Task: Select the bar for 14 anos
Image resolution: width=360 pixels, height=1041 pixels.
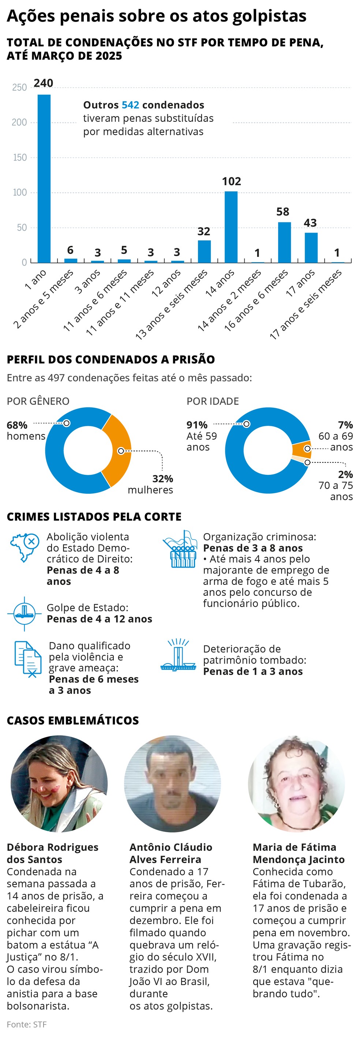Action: [231, 227]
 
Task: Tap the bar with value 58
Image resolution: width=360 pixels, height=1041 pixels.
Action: [284, 242]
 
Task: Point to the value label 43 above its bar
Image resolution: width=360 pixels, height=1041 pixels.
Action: [310, 223]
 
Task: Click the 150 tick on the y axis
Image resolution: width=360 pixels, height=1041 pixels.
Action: [19, 157]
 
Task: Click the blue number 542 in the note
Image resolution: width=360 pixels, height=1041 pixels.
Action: [130, 105]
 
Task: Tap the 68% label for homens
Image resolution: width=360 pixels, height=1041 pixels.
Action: [17, 425]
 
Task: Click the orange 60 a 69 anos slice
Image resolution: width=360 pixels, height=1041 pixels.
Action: [302, 450]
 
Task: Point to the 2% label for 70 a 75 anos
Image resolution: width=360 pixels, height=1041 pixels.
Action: [345, 474]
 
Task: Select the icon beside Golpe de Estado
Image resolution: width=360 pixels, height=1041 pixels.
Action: [24, 613]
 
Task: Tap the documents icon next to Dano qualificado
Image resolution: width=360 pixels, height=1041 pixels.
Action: [27, 659]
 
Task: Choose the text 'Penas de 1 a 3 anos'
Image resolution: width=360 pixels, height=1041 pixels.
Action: [252, 671]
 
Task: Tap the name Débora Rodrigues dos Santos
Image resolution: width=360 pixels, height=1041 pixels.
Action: [53, 853]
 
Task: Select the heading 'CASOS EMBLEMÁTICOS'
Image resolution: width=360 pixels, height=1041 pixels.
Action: [73, 720]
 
